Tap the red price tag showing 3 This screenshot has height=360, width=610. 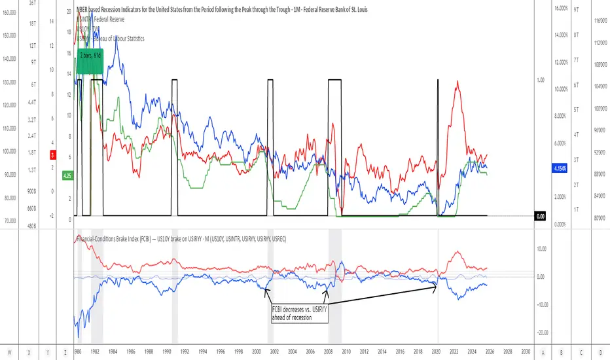52,155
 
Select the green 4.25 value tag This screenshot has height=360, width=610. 67,175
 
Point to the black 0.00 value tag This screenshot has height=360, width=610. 541,216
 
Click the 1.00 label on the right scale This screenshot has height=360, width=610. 541,80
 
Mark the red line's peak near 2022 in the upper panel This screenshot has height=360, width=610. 457,81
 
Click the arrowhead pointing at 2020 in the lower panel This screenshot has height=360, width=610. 436,285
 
